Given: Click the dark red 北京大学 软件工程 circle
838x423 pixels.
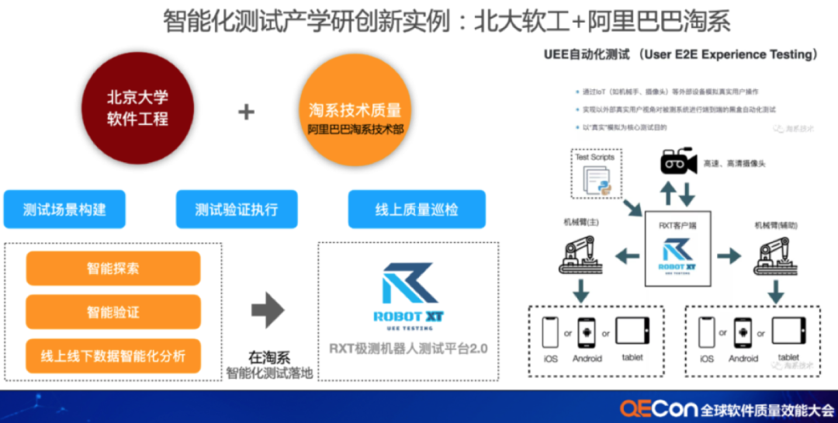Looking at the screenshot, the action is [137, 108].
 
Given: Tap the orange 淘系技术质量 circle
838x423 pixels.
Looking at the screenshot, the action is [355, 109].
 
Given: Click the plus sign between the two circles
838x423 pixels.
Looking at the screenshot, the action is [246, 112].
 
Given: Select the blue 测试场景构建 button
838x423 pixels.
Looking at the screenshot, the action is [64, 209].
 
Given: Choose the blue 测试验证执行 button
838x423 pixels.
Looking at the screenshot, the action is [236, 209].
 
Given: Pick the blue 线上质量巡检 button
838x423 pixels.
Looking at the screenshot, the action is [417, 209].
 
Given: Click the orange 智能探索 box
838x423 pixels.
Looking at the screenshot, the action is [113, 269].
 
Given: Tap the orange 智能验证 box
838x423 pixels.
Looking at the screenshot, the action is [113, 312].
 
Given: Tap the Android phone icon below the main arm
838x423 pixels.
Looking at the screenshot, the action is [587, 332].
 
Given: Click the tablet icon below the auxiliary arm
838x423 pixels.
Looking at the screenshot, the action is [789, 331].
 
